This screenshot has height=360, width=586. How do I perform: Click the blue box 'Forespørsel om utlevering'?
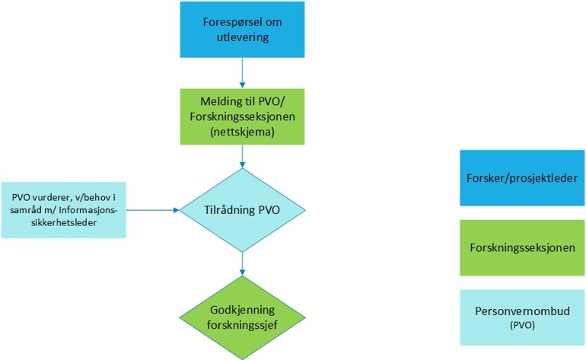click(241, 30)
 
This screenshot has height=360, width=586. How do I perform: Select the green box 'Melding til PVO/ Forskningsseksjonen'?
click(241, 116)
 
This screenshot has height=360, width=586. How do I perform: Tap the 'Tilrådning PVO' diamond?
click(242, 209)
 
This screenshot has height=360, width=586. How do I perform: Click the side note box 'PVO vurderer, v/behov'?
click(63, 209)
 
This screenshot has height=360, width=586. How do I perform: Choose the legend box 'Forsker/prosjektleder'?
click(521, 178)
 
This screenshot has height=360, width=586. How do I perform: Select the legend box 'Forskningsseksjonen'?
click(521, 247)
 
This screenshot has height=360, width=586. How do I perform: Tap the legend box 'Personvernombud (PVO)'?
click(521, 316)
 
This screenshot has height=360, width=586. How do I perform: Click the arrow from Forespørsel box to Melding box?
click(242, 73)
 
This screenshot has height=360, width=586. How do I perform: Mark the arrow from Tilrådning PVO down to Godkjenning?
click(242, 263)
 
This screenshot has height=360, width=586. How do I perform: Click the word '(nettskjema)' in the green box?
click(241, 130)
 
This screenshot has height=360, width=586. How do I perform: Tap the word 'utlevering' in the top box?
click(241, 37)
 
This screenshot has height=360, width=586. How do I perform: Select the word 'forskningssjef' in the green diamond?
click(242, 324)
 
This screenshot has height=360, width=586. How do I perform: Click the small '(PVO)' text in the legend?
click(521, 325)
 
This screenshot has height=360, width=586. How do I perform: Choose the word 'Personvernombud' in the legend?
click(521, 311)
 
